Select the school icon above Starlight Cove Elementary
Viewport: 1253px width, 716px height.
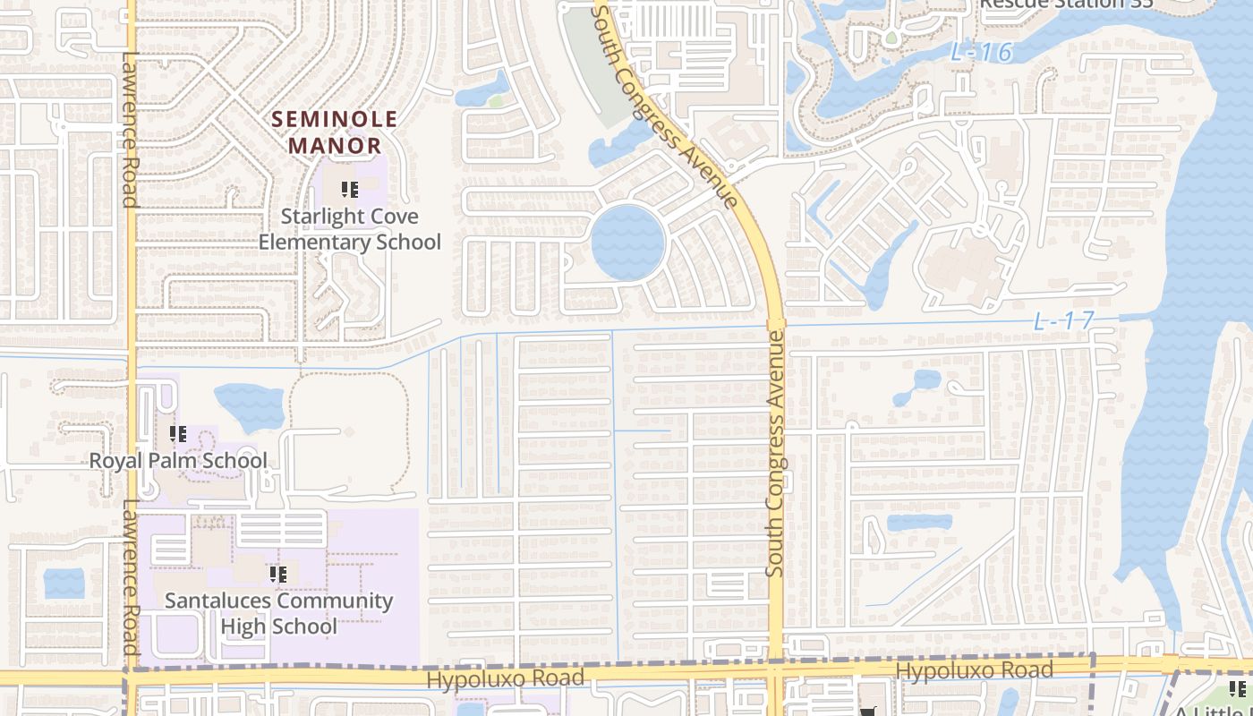(x=349, y=190)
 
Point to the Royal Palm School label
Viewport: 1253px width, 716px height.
(x=178, y=461)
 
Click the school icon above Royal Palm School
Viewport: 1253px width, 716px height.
(x=177, y=434)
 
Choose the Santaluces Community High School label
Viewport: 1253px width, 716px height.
(x=278, y=613)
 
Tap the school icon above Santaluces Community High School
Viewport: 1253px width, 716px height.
(x=277, y=574)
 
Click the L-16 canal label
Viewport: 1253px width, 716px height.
(x=981, y=53)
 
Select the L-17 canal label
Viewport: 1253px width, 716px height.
(x=1064, y=321)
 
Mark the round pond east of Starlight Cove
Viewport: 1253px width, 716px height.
(x=628, y=243)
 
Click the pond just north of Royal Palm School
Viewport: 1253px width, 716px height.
(x=249, y=405)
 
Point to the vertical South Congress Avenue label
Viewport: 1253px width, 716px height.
(x=775, y=454)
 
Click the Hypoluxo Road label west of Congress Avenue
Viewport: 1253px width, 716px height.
(x=505, y=679)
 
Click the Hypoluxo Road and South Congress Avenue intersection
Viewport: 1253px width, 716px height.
(x=775, y=670)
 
